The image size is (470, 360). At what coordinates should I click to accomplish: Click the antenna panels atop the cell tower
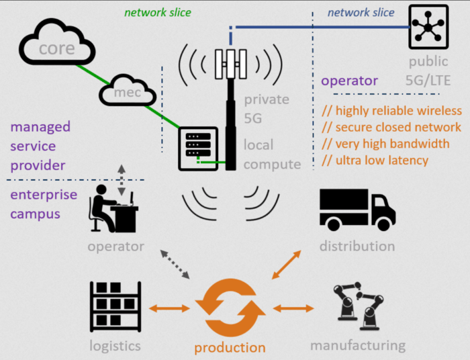pyautogui.click(x=230, y=65)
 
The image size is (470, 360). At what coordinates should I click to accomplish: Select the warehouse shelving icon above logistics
pyautogui.click(x=115, y=306)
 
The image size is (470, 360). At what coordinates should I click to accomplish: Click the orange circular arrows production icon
pyautogui.click(x=230, y=308)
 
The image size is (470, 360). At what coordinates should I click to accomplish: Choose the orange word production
pyautogui.click(x=230, y=348)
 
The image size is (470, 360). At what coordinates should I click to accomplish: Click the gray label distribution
pyautogui.click(x=357, y=246)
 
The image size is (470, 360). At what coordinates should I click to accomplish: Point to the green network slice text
pyautogui.click(x=158, y=12)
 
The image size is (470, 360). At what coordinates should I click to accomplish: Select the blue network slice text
pyautogui.click(x=361, y=12)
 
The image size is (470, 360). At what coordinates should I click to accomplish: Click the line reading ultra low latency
pyautogui.click(x=375, y=160)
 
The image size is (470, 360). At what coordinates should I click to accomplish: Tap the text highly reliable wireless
pyautogui.click(x=391, y=111)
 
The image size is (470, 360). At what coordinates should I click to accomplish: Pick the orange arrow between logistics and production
pyautogui.click(x=169, y=308)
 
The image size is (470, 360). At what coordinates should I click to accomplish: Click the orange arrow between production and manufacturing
pyautogui.click(x=293, y=308)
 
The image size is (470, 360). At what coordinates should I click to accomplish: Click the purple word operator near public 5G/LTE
pyautogui.click(x=349, y=81)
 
